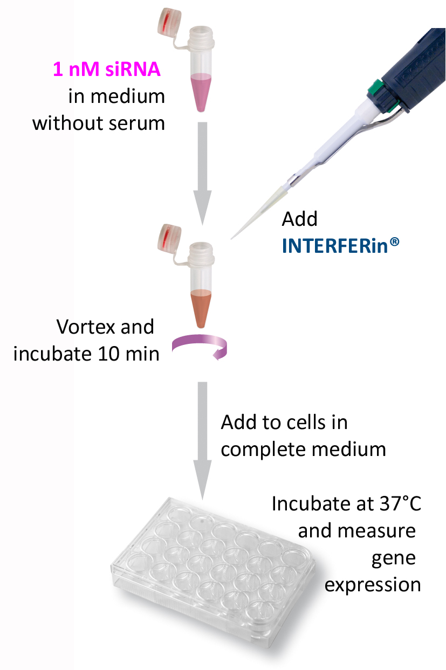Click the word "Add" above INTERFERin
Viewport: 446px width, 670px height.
(x=300, y=219)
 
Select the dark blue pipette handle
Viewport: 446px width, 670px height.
(x=415, y=65)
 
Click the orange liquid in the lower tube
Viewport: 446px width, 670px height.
(x=201, y=308)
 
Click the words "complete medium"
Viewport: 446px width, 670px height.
(x=303, y=449)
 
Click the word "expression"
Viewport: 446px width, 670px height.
(x=372, y=584)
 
